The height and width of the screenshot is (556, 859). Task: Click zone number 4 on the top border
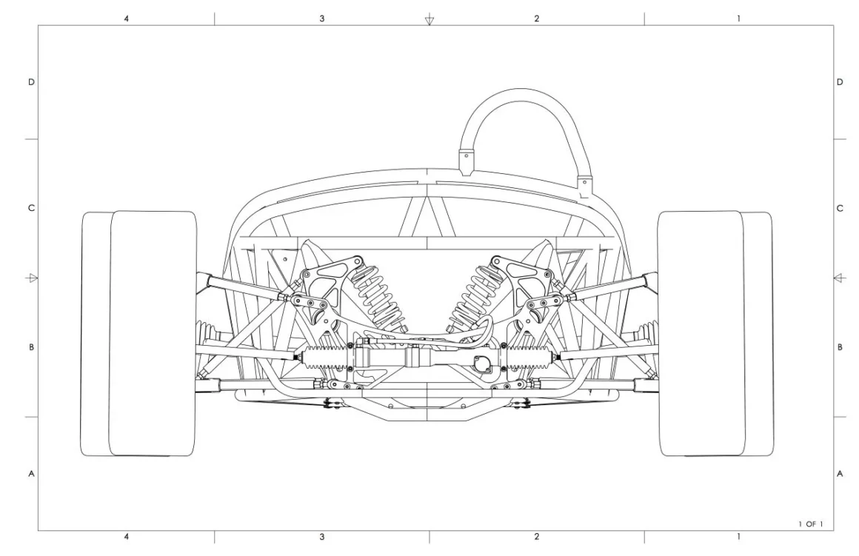(x=127, y=19)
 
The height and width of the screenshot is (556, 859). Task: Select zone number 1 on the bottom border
(x=738, y=537)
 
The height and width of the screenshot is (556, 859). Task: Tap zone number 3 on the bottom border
(x=321, y=537)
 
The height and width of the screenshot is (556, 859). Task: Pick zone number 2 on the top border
(x=536, y=19)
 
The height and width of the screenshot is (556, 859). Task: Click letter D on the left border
(x=31, y=82)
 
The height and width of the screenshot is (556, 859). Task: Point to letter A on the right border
(x=840, y=473)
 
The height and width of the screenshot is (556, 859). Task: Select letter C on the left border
(x=31, y=208)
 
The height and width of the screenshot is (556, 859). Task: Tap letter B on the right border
(x=840, y=347)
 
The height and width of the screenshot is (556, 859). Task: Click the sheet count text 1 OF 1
(x=811, y=524)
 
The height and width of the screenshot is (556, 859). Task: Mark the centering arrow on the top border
(x=429, y=20)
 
